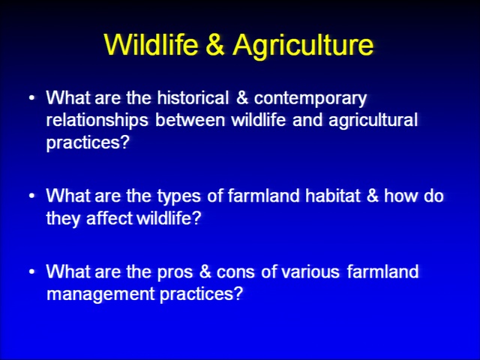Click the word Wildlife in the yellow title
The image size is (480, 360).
[x=151, y=44]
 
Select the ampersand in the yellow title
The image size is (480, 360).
[x=215, y=44]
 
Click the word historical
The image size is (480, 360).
[x=193, y=97]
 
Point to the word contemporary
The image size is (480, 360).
[x=310, y=99]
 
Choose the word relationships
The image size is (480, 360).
[x=97, y=120]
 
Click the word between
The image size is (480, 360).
[x=190, y=120]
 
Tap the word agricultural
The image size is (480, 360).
[x=373, y=120]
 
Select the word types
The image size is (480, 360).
[x=179, y=196]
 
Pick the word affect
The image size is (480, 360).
[x=109, y=217]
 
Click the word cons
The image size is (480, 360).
[x=235, y=272]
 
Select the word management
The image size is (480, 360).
[x=100, y=295]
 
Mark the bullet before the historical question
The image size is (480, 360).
[x=31, y=98]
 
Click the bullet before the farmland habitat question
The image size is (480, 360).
[x=31, y=196]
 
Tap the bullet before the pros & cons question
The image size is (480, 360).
[x=31, y=271]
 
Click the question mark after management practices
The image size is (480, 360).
[x=237, y=293]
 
